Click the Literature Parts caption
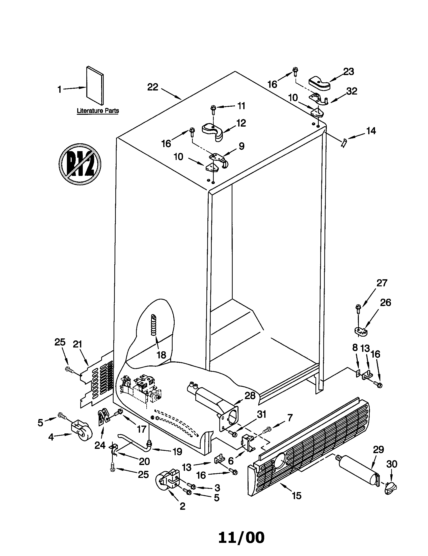[x=98, y=111]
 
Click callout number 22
[x=153, y=87]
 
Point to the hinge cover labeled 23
[x=319, y=84]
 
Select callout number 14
[x=371, y=131]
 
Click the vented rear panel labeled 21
[x=98, y=379]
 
